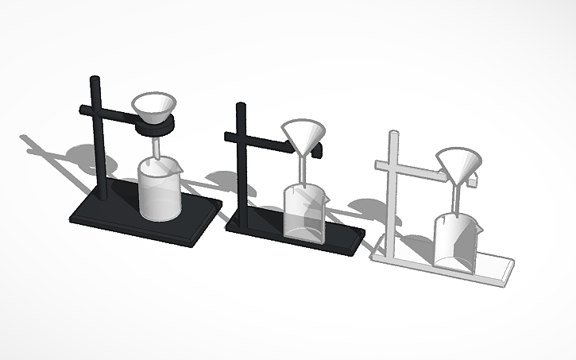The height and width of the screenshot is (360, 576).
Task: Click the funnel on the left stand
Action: [x=154, y=105]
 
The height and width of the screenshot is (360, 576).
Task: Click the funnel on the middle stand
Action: [x=303, y=137]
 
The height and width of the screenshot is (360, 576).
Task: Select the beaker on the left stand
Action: [x=160, y=191]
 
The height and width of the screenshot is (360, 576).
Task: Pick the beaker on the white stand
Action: [x=454, y=242]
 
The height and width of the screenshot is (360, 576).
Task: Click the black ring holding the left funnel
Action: [x=154, y=126]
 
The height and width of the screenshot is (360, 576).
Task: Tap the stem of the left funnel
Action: [x=157, y=147]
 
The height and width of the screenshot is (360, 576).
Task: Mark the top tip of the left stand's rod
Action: [x=94, y=80]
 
